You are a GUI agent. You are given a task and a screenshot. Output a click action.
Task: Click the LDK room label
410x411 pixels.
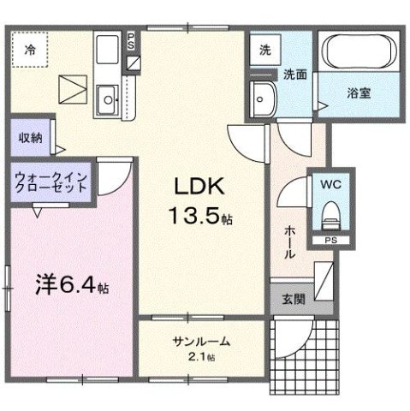click(199, 188)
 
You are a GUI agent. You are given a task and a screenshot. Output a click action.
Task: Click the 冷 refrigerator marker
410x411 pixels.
click(31, 49)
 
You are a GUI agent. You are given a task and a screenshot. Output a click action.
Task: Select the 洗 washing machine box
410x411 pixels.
click(265, 50)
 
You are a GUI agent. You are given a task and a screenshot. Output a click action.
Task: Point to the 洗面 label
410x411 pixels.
click(296, 75)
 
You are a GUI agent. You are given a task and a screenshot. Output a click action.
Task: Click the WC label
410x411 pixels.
click(330, 183)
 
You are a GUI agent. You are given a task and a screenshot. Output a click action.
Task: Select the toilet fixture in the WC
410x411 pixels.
click(330, 215)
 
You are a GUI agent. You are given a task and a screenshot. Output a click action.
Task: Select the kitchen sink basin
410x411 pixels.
click(108, 99)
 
